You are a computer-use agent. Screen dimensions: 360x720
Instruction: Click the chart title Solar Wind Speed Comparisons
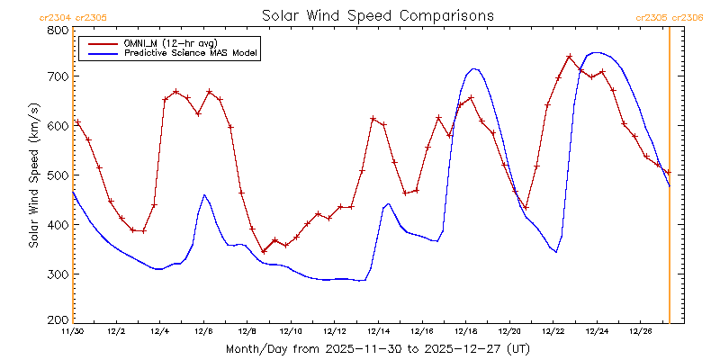pos(377,15)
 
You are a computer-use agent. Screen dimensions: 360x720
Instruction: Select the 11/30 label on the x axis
pos(73,331)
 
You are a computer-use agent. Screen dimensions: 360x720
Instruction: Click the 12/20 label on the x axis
pos(509,331)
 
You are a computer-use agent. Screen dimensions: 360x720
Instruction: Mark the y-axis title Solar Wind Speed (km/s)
pos(33,175)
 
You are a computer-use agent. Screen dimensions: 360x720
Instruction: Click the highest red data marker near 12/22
pos(570,57)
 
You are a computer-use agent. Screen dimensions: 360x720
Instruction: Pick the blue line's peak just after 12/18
pos(474,68)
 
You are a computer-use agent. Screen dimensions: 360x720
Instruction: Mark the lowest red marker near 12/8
pos(264,252)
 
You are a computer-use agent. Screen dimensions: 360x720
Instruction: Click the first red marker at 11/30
pos(77,122)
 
